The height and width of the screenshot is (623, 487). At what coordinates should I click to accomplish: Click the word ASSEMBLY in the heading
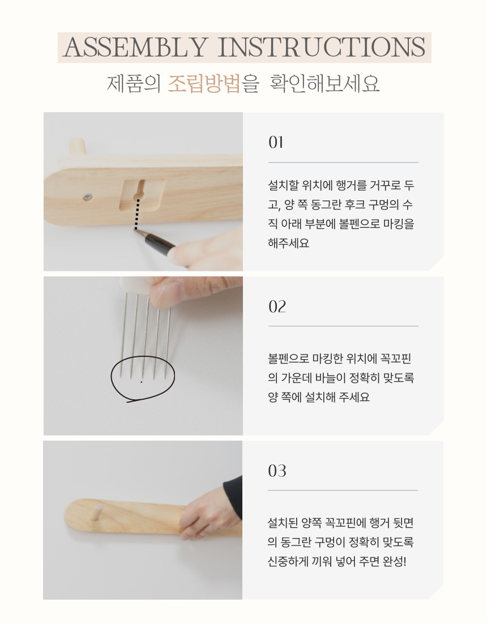(x=135, y=47)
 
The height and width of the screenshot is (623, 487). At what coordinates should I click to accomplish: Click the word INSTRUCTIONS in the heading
(x=322, y=47)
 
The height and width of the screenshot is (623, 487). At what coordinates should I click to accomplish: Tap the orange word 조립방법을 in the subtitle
(x=213, y=83)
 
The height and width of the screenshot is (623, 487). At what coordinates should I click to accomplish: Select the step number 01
(x=276, y=142)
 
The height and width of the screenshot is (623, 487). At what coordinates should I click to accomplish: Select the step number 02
(x=277, y=306)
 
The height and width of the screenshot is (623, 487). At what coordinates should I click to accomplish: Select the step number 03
(x=277, y=471)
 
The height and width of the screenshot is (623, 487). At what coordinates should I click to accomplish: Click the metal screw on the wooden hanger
(x=88, y=197)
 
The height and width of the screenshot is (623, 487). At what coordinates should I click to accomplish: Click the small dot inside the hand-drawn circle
(x=142, y=382)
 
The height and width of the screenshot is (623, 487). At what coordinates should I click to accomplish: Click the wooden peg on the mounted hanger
(x=95, y=512)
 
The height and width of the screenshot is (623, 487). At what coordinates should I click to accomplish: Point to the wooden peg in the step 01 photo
(x=77, y=146)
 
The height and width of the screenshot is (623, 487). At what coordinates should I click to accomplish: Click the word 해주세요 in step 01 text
(x=288, y=243)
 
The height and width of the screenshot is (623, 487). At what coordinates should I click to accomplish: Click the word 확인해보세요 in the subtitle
(x=324, y=83)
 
